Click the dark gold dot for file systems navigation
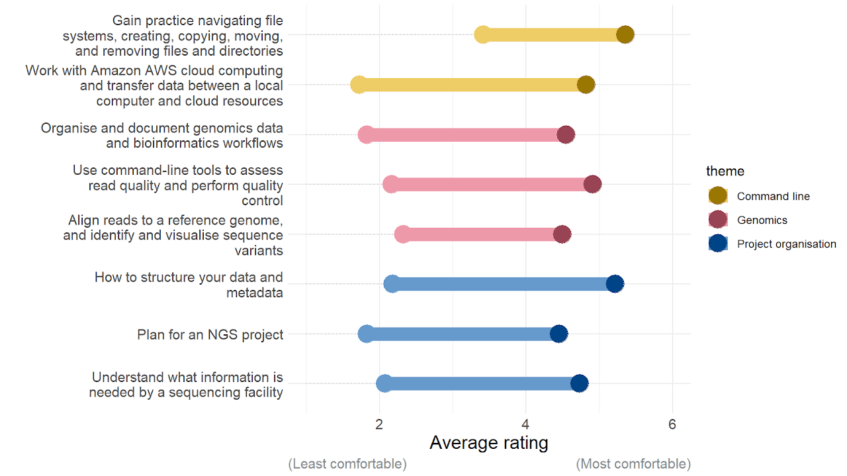point(625,35)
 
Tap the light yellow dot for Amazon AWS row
point(359,85)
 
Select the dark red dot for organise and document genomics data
point(566,135)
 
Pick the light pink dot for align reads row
point(402,234)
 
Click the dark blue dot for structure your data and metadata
point(615,284)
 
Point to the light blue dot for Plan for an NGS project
point(366,334)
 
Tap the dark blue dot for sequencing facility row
point(579,383)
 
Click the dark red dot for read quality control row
point(593,185)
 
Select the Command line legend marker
point(717,196)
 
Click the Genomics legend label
point(762,220)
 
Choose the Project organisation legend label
point(786,244)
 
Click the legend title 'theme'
point(725,171)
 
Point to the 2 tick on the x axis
point(380,424)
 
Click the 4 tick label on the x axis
point(526,424)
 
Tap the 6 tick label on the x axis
point(672,424)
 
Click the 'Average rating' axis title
point(489,442)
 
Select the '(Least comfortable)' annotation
point(347,464)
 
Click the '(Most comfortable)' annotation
point(633,464)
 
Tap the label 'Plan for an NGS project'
point(210,334)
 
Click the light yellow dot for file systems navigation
point(483,35)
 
